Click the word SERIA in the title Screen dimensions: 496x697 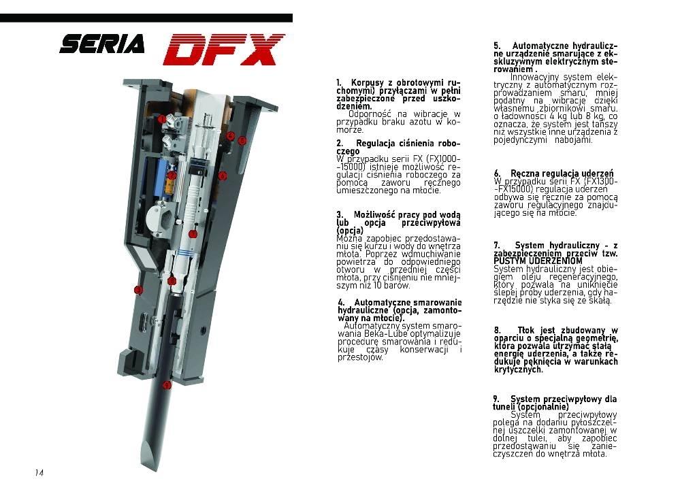tap(102, 44)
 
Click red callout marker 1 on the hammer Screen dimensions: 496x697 tap(162, 119)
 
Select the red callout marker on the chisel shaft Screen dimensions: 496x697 tap(166, 385)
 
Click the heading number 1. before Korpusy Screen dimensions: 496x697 tap(339, 83)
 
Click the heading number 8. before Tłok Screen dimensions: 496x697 tap(498, 331)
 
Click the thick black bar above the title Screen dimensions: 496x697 tap(146, 18)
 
